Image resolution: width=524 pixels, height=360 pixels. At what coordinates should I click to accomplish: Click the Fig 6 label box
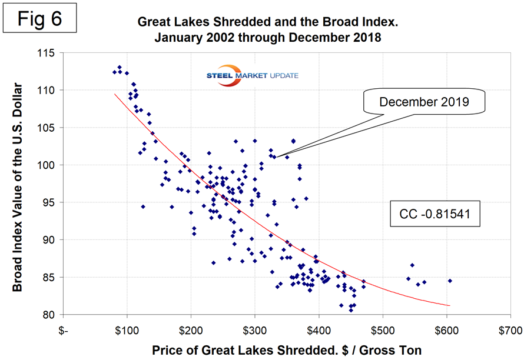pos(39,19)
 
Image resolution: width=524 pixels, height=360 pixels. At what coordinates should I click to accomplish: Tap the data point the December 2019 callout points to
pos(274,157)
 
